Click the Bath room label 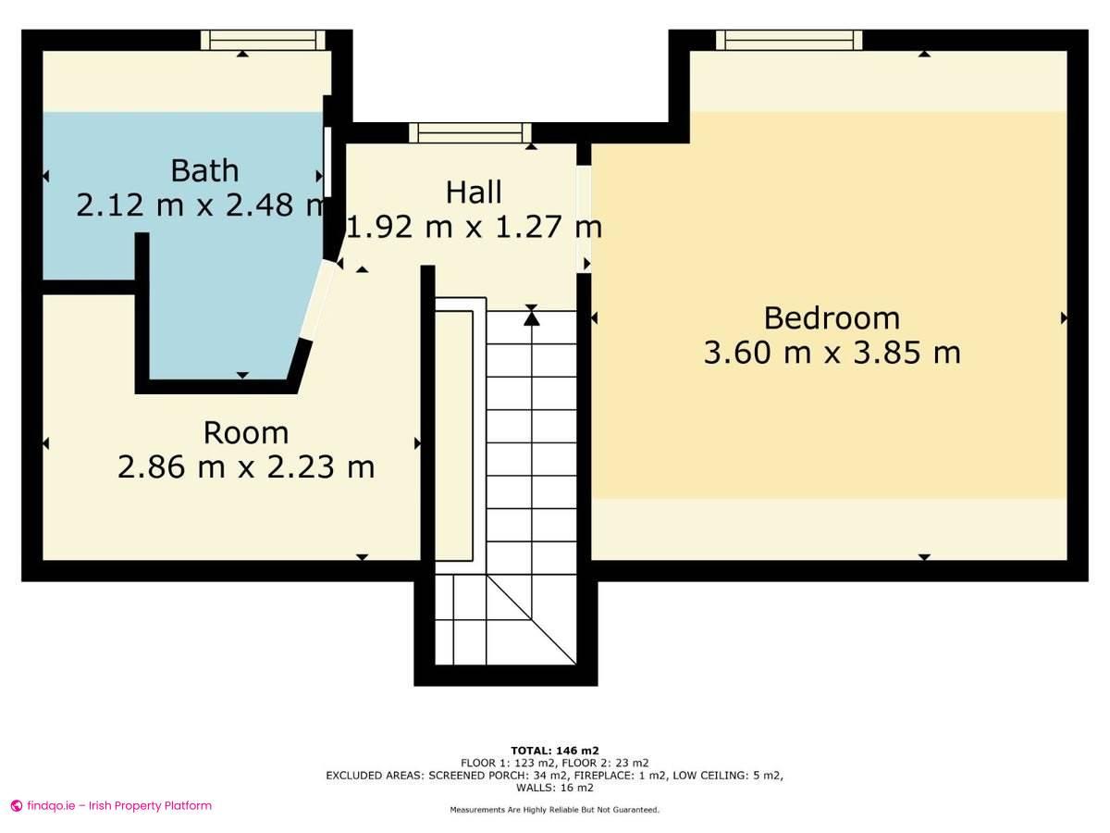click(x=204, y=171)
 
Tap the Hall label click(x=474, y=193)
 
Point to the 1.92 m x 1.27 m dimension click(x=474, y=227)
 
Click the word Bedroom click(x=831, y=318)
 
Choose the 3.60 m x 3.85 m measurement click(x=831, y=353)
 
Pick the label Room click(x=246, y=433)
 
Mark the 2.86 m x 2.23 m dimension click(x=246, y=467)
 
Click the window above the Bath click(x=264, y=40)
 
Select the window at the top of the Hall click(x=471, y=133)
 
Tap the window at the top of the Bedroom click(x=789, y=40)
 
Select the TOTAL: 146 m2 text click(x=554, y=751)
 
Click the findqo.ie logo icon click(x=16, y=806)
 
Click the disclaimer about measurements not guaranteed click(x=554, y=810)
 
